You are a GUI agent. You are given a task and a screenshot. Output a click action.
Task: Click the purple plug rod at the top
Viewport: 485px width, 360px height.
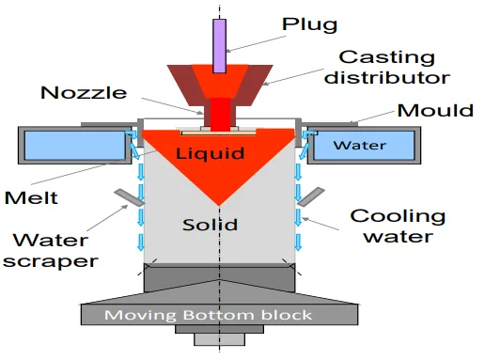[x=219, y=44]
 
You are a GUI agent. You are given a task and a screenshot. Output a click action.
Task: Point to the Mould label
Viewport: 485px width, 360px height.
[x=435, y=110]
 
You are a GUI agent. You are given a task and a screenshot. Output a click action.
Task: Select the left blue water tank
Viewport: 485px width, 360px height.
[x=75, y=145]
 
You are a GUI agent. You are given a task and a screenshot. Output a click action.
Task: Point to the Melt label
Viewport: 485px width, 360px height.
[x=31, y=198]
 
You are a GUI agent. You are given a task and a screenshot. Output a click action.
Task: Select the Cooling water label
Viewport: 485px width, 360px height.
[x=399, y=227]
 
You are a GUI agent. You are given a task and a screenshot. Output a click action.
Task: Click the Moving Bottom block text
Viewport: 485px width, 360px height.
[x=208, y=314]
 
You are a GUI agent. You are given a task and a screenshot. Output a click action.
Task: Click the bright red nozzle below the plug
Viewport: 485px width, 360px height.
[x=218, y=113]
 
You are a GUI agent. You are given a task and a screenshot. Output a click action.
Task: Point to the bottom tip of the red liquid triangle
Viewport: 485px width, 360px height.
[x=218, y=205]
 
